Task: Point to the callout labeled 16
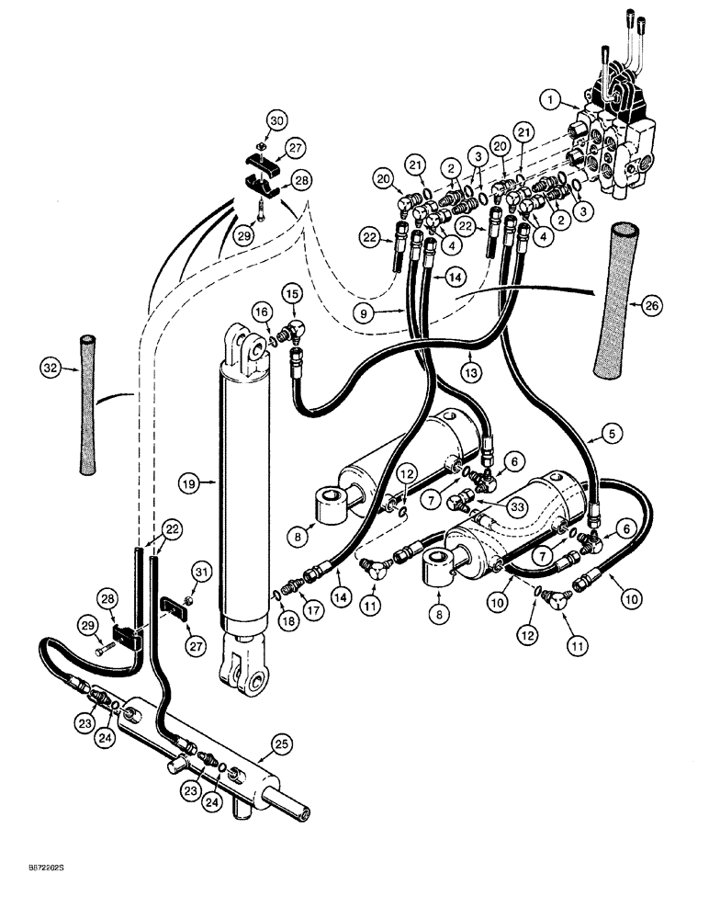[x=262, y=313]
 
